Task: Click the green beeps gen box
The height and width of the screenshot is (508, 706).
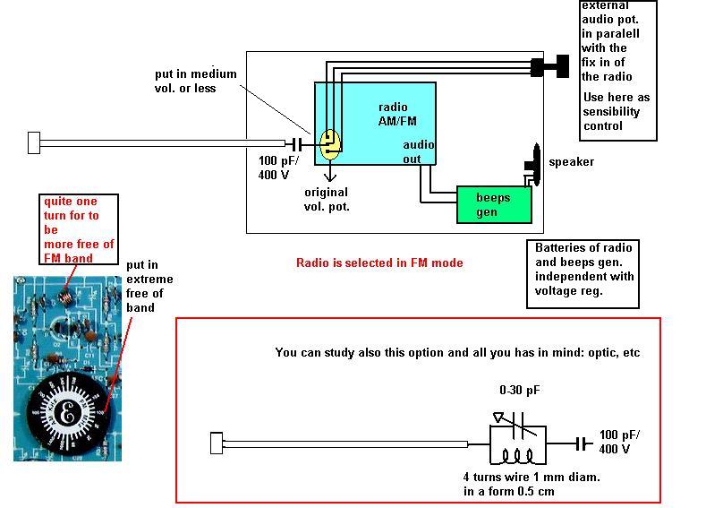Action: (x=494, y=204)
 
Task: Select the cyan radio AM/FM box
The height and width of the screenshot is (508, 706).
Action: (x=375, y=124)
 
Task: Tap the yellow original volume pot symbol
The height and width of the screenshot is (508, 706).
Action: (x=330, y=144)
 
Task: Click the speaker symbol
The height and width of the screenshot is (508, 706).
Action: (x=532, y=165)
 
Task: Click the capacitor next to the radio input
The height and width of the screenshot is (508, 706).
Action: (x=297, y=144)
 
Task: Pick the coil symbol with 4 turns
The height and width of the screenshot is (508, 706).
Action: (x=518, y=456)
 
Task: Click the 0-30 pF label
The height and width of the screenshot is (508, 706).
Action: (x=520, y=390)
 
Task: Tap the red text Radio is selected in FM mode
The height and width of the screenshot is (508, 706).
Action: (x=379, y=263)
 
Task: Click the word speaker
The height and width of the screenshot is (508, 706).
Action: (x=571, y=162)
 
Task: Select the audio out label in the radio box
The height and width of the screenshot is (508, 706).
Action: (x=418, y=151)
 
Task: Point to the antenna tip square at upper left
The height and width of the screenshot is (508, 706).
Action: (x=34, y=142)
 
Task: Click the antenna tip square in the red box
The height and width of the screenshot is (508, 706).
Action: (x=217, y=443)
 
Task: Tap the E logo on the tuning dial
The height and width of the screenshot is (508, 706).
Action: (x=67, y=413)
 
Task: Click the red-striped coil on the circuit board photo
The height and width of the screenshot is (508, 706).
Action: (x=65, y=297)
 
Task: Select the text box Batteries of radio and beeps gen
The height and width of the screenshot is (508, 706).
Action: (x=583, y=274)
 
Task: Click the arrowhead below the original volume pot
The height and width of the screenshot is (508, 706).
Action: (x=330, y=177)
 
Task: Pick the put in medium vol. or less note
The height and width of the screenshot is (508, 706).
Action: (x=195, y=81)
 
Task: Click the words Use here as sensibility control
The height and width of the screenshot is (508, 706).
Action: (x=616, y=111)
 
